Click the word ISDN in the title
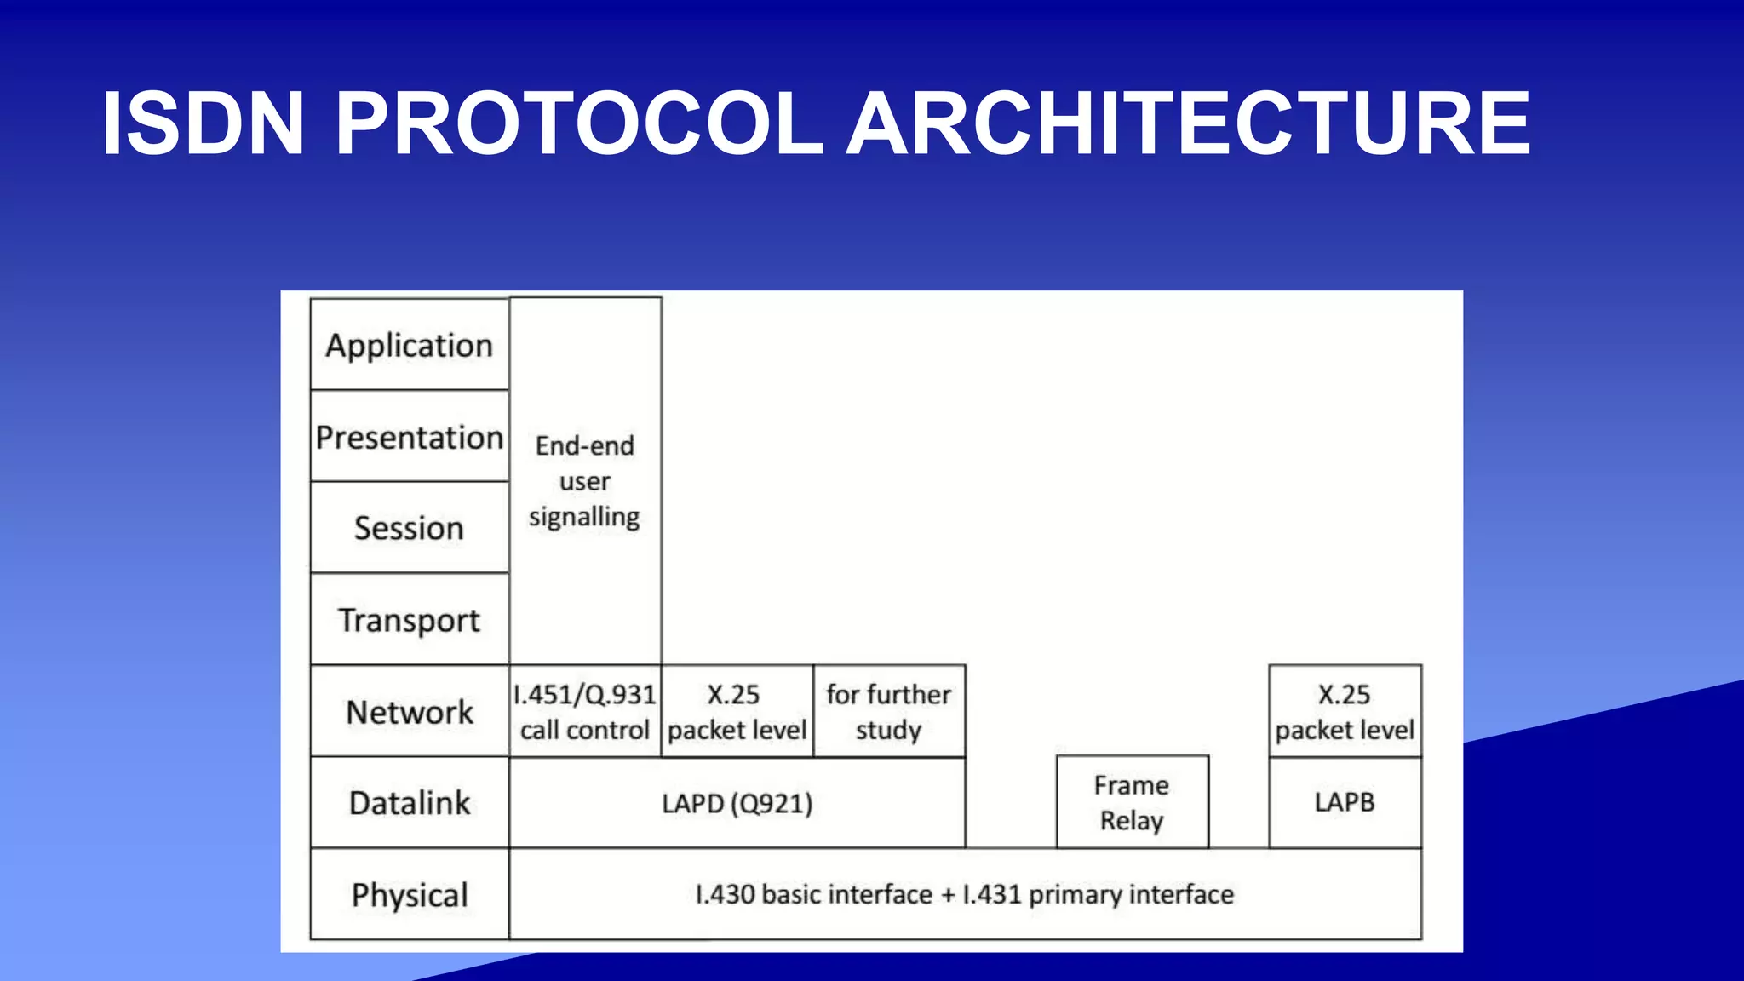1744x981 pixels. pyautogui.click(x=203, y=124)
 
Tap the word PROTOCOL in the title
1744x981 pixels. pyautogui.click(x=579, y=124)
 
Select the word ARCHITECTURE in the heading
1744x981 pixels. pyautogui.click(x=1188, y=124)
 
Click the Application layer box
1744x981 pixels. pyautogui.click(x=410, y=345)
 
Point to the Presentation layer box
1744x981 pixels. pyautogui.click(x=410, y=437)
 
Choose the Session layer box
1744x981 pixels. pyautogui.click(x=410, y=528)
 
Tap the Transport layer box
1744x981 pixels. pyautogui.click(x=410, y=620)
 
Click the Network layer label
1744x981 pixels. pyautogui.click(x=410, y=712)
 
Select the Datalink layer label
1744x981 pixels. pyautogui.click(x=410, y=803)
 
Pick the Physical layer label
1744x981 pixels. pyautogui.click(x=410, y=895)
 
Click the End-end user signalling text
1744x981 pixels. pyautogui.click(x=585, y=481)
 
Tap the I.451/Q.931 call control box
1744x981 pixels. pyautogui.click(x=585, y=712)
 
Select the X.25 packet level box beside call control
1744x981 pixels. pyautogui.click(x=737, y=712)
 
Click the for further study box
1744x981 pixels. pyautogui.click(x=889, y=712)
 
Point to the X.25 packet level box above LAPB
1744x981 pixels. pyautogui.click(x=1345, y=712)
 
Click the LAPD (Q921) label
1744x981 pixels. pyautogui.click(x=737, y=803)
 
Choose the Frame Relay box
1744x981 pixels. pyautogui.click(x=1132, y=802)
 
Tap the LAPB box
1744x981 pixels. pyautogui.click(x=1345, y=802)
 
